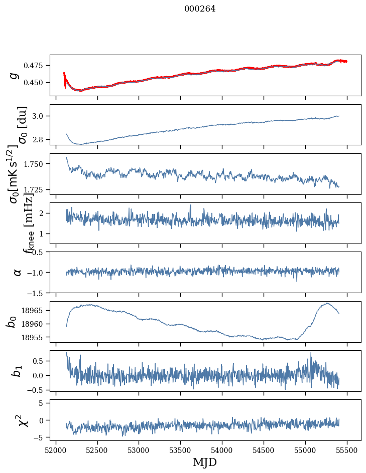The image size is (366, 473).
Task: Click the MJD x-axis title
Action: (205, 462)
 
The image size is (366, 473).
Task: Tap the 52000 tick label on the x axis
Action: (56, 449)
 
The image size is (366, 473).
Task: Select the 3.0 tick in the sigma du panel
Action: (40, 116)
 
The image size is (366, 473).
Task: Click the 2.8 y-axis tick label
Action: (40, 139)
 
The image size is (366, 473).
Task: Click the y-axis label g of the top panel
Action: (15, 75)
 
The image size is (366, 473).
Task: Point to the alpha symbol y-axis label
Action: (17, 272)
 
